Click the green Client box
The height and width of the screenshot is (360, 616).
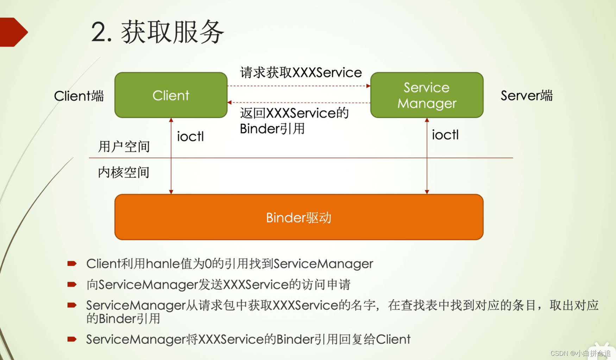click(171, 95)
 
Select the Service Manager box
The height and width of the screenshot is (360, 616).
click(427, 95)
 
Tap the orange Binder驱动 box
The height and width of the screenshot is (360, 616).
click(299, 217)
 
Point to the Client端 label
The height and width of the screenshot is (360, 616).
click(79, 96)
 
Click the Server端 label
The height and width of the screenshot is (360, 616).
click(527, 95)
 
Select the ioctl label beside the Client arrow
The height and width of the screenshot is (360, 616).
click(190, 136)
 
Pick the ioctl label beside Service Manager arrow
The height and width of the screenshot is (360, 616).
click(445, 135)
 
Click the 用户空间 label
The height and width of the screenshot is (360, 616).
click(124, 147)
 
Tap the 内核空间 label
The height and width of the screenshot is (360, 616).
click(124, 173)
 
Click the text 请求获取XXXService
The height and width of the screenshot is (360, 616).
click(301, 73)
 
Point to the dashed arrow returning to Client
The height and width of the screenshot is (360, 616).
click(299, 103)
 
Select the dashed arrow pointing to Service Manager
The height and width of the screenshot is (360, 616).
click(299, 86)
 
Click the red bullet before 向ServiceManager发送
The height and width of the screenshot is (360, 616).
click(72, 284)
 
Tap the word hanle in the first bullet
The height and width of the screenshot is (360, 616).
click(163, 264)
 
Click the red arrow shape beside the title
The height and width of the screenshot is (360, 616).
click(13, 32)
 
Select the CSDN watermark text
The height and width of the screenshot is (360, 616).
click(580, 353)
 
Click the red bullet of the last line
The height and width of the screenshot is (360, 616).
click(72, 339)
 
